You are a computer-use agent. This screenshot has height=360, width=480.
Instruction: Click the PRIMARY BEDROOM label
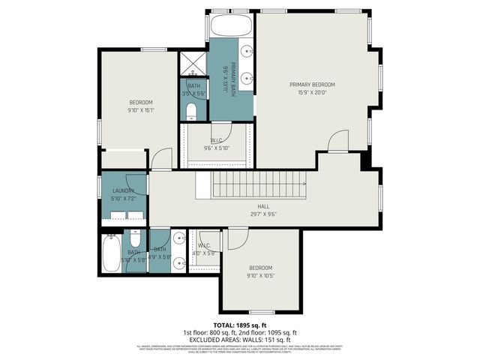312,85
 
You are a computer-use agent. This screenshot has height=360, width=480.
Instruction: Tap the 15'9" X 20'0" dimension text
312,93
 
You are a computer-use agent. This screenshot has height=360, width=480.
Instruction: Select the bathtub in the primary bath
232,26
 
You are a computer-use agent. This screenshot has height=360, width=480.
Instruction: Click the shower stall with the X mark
193,62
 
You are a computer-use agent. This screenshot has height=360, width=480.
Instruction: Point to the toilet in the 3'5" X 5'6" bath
192,112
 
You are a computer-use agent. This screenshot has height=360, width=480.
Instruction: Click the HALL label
263,206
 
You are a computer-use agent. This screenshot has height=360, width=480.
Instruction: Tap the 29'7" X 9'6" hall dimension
263,214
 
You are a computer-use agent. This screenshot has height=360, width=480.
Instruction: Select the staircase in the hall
259,184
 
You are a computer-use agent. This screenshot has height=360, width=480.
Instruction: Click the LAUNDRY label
123,190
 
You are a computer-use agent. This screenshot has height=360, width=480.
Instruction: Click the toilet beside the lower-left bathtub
136,241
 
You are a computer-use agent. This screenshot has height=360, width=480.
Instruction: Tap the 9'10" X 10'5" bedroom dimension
260,276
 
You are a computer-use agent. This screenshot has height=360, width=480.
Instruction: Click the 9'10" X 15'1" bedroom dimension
141,110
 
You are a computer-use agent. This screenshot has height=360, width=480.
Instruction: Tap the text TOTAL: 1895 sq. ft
240,325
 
